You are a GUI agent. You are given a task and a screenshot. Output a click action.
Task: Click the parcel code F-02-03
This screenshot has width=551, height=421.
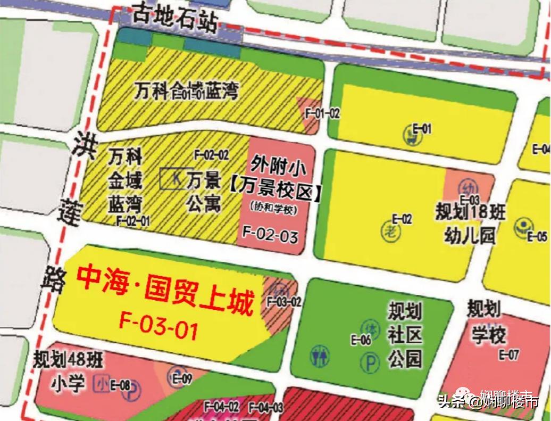click(x=270, y=234)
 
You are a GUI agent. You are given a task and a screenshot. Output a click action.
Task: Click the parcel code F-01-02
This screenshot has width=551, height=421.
click(x=322, y=113)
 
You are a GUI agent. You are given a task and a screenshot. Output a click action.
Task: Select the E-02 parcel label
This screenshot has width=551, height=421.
click(x=402, y=219)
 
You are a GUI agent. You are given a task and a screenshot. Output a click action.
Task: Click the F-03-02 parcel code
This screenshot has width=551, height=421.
click(x=285, y=302)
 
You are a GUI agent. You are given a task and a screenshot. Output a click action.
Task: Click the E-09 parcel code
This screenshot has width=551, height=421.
click(x=182, y=379)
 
